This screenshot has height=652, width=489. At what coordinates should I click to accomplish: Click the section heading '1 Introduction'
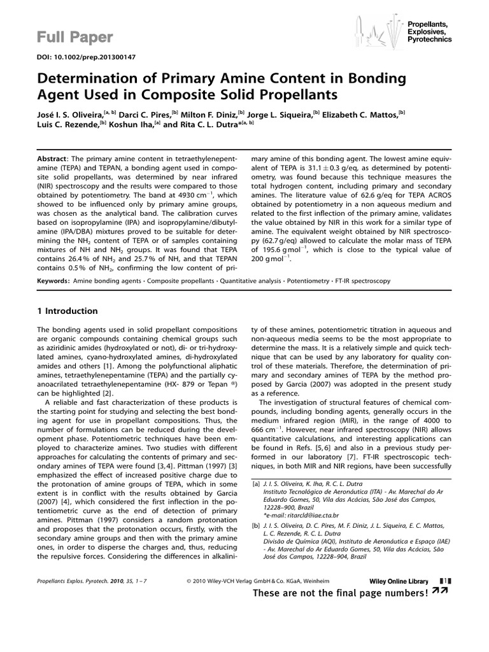pyautogui.click(x=67, y=311)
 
